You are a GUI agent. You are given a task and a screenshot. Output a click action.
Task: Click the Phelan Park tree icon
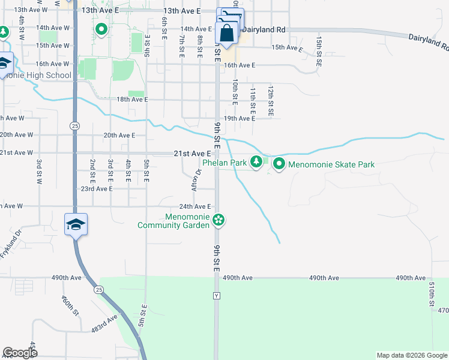(256, 161)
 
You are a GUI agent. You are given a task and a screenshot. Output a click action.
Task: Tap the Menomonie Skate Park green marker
(279, 163)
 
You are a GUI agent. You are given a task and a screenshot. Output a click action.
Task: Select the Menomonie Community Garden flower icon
(219, 221)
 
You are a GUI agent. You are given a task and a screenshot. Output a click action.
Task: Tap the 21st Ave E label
(192, 154)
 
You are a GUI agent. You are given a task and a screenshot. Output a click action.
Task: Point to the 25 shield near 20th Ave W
(74, 126)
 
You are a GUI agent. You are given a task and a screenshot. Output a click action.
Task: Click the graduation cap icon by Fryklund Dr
(76, 224)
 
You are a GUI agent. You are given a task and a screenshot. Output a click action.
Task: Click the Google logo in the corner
(20, 353)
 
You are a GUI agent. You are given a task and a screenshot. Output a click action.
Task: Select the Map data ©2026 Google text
(412, 355)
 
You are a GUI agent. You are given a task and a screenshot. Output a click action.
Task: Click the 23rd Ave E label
(97, 188)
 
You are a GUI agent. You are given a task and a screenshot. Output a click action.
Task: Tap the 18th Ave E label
(132, 100)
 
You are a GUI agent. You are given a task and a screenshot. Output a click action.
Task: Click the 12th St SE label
(271, 100)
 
